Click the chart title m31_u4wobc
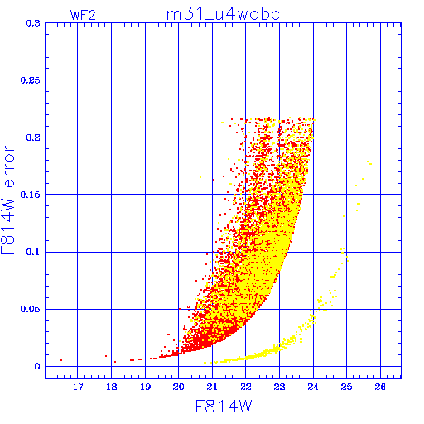click(x=223, y=14)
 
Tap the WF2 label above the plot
click(x=83, y=15)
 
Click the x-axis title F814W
click(x=224, y=407)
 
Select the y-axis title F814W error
click(x=7, y=200)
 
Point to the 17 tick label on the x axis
click(x=78, y=387)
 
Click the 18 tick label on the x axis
click(x=112, y=387)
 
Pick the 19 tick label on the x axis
click(x=145, y=387)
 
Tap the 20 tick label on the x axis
click(x=179, y=387)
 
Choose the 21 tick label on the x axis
click(x=212, y=387)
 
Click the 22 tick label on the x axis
click(x=246, y=387)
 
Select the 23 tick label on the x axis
click(x=279, y=387)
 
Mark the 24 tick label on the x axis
click(x=313, y=387)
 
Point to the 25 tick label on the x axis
click(x=346, y=387)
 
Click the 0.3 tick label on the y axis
click(x=33, y=23)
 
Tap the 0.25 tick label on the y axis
click(x=31, y=80)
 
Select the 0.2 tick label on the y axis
click(x=33, y=137)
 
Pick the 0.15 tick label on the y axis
click(x=31, y=195)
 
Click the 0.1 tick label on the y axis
click(x=33, y=252)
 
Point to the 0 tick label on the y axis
click(x=37, y=366)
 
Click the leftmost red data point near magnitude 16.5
click(x=61, y=360)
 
